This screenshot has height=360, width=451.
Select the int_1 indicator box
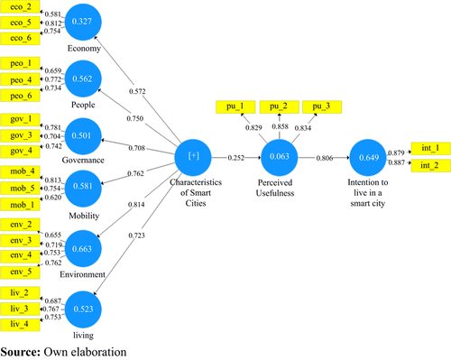click(429, 146)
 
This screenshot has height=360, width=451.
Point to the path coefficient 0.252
click(235, 156)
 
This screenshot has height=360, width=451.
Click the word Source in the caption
click(21, 350)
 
